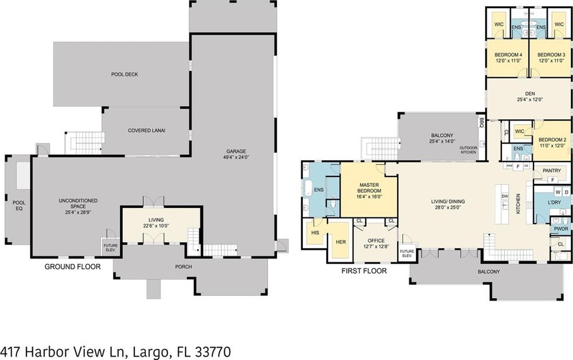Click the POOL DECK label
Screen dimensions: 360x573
tap(125, 74)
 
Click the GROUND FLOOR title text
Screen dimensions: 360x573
tap(72, 267)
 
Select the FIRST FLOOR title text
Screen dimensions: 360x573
tap(364, 271)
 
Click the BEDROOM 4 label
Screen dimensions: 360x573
tap(508, 55)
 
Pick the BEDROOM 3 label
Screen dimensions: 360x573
tap(550, 55)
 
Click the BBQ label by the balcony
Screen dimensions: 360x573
tap(482, 123)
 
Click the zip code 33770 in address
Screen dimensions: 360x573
tap(211, 351)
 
